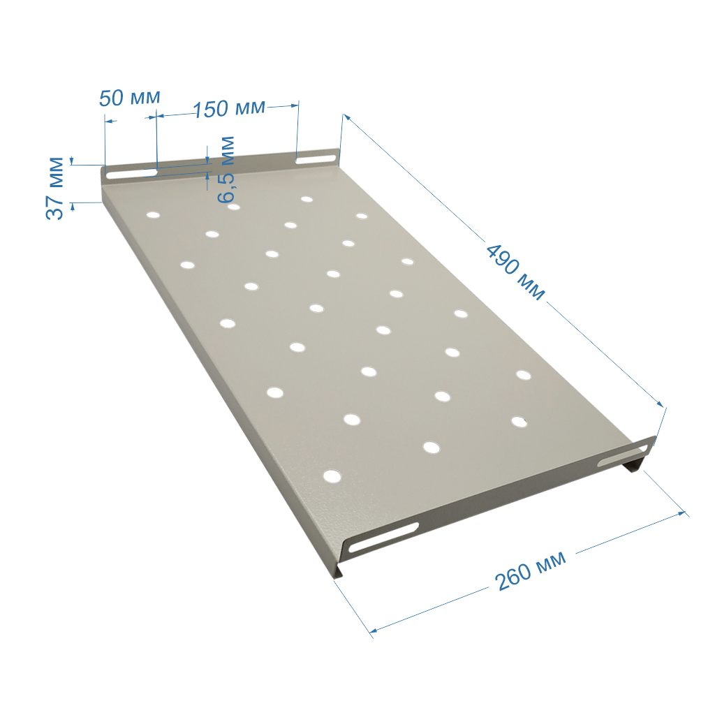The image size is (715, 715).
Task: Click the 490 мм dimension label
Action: click(x=515, y=272)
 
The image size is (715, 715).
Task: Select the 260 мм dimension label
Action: click(x=531, y=570)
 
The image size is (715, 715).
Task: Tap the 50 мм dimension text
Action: click(x=129, y=98)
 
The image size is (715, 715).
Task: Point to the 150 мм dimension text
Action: click(x=229, y=109)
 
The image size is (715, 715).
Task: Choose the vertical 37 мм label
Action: click(x=55, y=189)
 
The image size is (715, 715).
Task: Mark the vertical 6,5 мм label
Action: click(x=226, y=170)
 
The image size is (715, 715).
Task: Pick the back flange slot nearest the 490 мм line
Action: click(x=316, y=159)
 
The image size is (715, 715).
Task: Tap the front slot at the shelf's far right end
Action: click(x=622, y=456)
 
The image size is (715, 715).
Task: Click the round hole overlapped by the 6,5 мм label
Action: click(x=233, y=207)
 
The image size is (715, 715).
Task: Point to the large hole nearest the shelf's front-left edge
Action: click(x=332, y=476)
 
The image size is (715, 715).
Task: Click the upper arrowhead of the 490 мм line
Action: click(x=346, y=117)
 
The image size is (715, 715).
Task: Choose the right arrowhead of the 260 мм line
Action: click(x=681, y=513)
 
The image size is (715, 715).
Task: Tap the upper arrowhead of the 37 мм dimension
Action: click(x=72, y=161)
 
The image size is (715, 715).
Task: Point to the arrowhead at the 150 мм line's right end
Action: click(x=294, y=106)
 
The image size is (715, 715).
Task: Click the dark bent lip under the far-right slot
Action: click(x=636, y=464)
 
